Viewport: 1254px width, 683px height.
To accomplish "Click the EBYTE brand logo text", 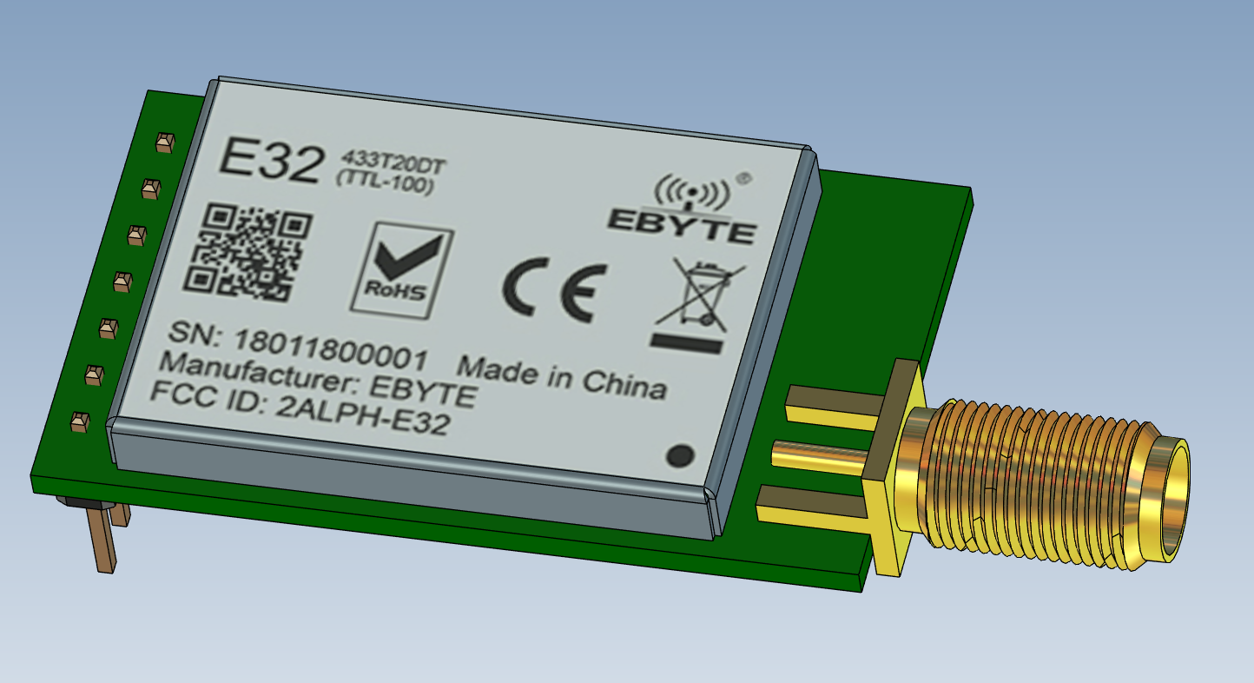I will click(x=681, y=224).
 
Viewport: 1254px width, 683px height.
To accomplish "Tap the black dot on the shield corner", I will click(x=679, y=454).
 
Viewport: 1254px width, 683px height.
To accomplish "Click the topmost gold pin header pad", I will click(x=165, y=143).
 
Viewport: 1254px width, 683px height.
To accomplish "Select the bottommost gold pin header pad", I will click(x=79, y=421).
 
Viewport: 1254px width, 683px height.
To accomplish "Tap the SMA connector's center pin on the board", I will click(x=816, y=454).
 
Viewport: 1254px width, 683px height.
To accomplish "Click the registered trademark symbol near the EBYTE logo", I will click(x=743, y=179).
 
